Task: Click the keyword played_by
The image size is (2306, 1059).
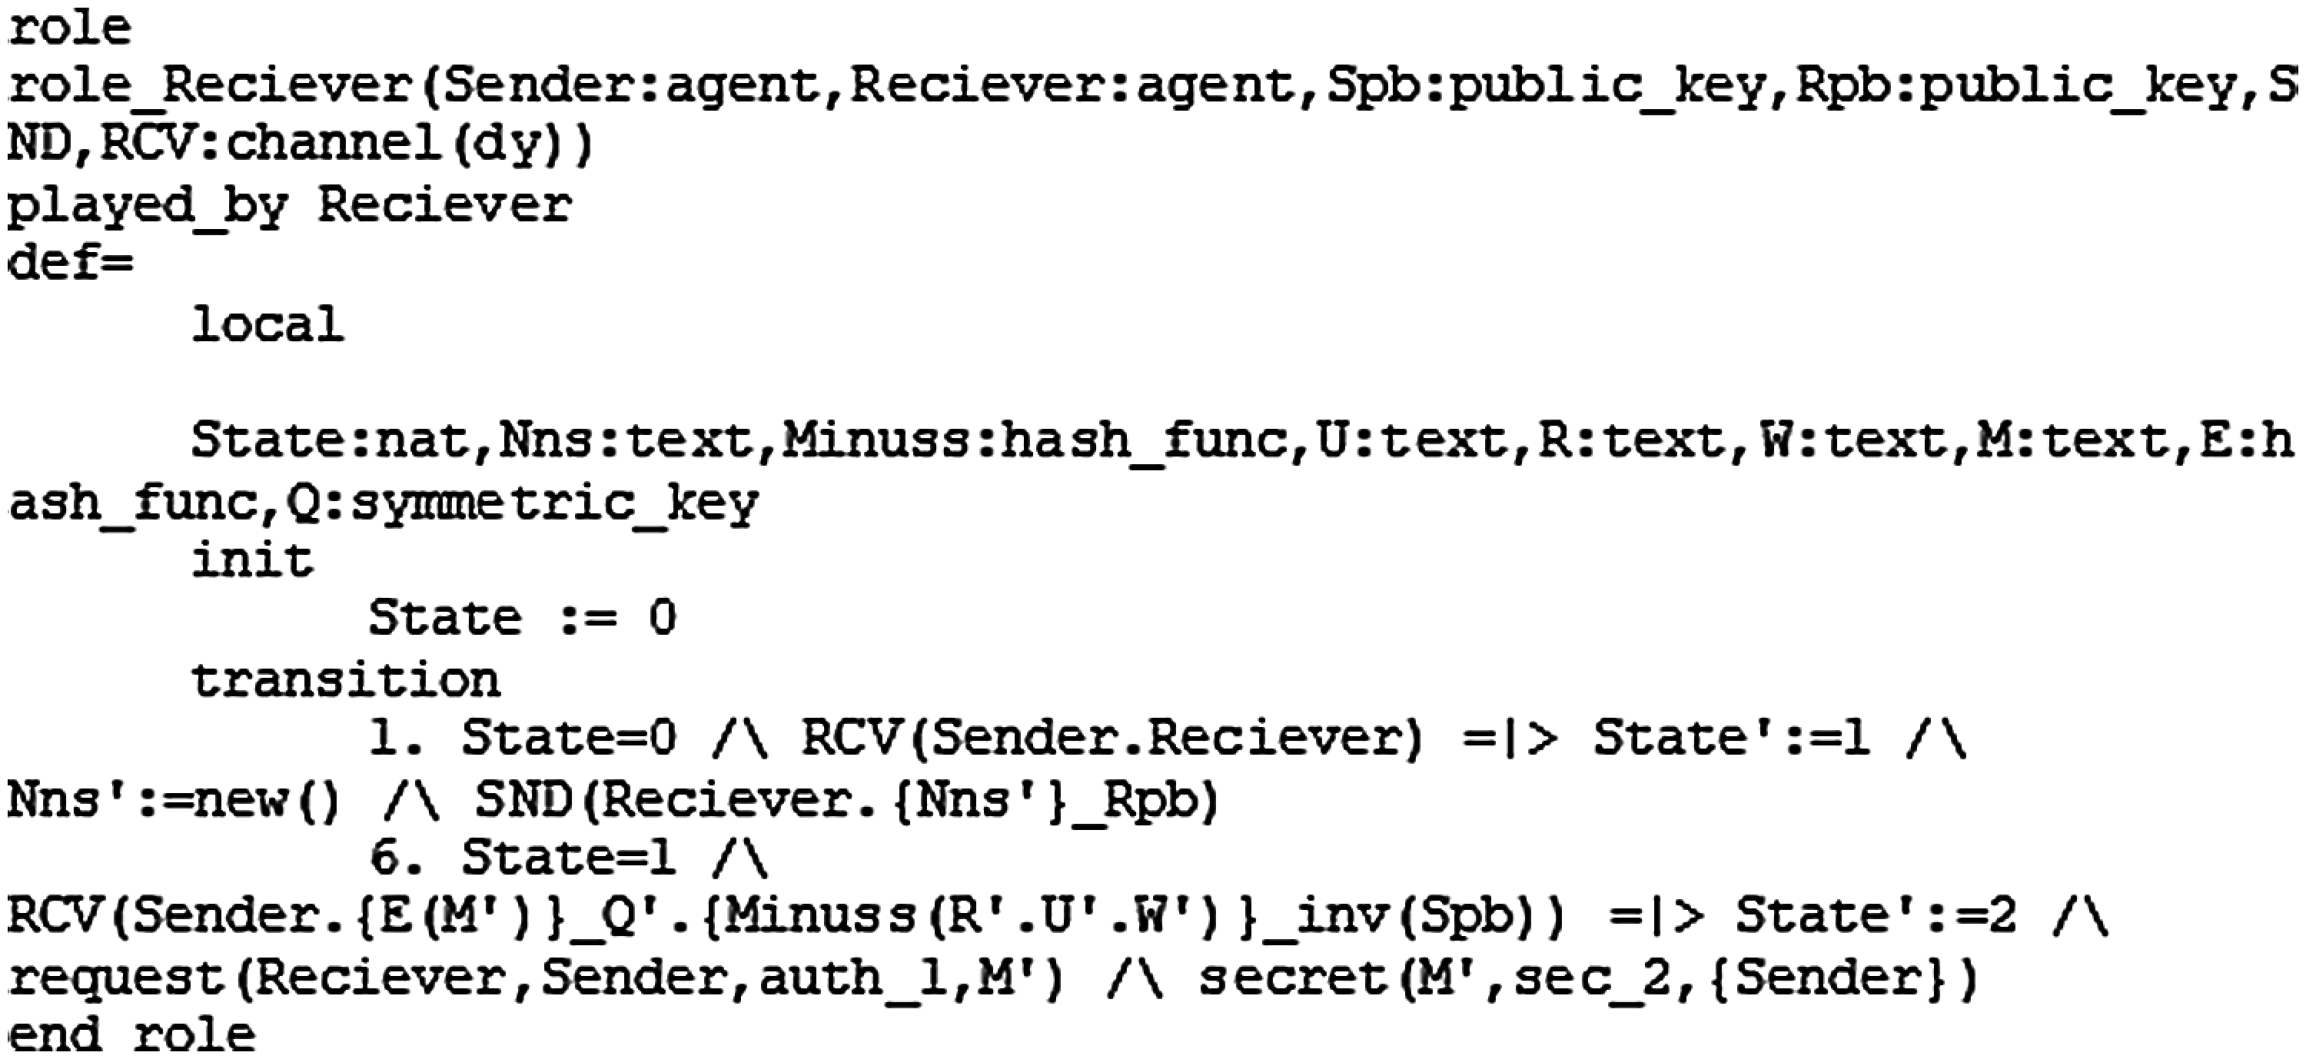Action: (x=147, y=206)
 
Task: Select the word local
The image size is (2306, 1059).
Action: (x=267, y=324)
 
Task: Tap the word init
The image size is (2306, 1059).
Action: (x=252, y=561)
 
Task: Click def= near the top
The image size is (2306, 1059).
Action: (x=70, y=263)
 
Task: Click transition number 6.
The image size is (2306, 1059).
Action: (x=388, y=858)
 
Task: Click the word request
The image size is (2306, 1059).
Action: (x=116, y=978)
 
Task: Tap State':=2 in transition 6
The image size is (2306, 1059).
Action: (x=1875, y=918)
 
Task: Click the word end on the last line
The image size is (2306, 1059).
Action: (x=54, y=1036)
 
